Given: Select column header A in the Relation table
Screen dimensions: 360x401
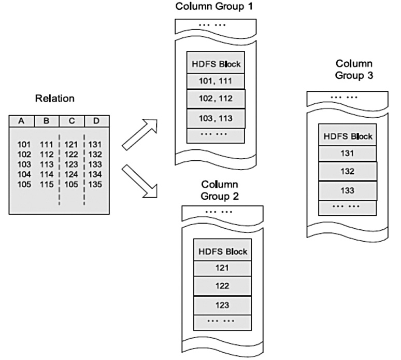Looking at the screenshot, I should coord(22,121).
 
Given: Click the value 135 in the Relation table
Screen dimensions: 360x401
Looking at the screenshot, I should coord(95,184).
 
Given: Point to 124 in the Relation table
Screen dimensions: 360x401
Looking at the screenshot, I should coord(71,174).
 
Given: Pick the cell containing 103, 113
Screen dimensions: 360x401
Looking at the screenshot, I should coord(215,118).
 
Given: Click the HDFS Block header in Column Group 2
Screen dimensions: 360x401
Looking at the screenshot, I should coord(222,251).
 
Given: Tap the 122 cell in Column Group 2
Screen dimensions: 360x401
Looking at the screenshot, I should coord(222,285).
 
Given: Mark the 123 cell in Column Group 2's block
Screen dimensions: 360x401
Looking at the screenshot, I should coord(222,304).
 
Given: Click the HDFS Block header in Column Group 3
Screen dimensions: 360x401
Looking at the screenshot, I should coord(347,137).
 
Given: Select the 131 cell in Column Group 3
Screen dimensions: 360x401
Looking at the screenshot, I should coord(347,153).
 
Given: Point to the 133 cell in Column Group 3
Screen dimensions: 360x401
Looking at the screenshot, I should coord(347,190).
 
